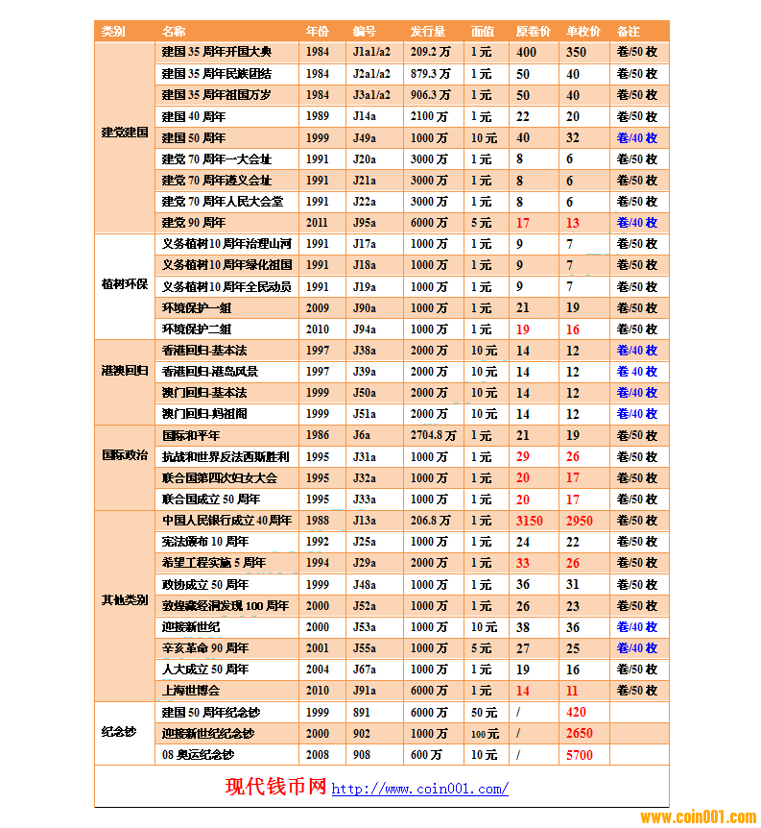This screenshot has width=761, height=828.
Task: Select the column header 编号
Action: tap(364, 32)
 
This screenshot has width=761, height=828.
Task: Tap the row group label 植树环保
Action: tap(125, 286)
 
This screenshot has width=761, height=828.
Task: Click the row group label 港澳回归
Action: tap(125, 371)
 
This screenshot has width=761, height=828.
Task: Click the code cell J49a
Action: tap(365, 138)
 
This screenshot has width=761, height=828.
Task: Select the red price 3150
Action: tap(529, 521)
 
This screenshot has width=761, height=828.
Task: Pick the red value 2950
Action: tap(579, 521)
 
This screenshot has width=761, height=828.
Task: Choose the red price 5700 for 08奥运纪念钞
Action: tap(579, 755)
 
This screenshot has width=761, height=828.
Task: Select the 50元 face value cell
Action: tap(484, 713)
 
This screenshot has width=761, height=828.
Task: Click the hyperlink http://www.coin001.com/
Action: tap(419, 790)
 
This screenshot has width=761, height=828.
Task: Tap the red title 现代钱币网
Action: tap(275, 788)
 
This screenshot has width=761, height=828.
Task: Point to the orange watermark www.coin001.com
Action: tap(698, 817)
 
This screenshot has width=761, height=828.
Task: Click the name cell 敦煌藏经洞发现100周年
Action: tap(225, 606)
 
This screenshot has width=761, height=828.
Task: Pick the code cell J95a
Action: tap(365, 223)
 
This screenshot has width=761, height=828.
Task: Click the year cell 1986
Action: tap(317, 435)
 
